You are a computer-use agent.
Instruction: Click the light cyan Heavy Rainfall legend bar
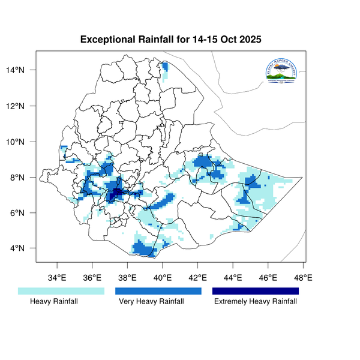tap(61, 291)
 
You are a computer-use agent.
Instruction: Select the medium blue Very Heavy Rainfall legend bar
tap(158, 291)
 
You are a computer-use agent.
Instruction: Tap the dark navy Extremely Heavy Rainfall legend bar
tap(256, 291)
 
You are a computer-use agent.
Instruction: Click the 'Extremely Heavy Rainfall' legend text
tap(256, 302)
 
